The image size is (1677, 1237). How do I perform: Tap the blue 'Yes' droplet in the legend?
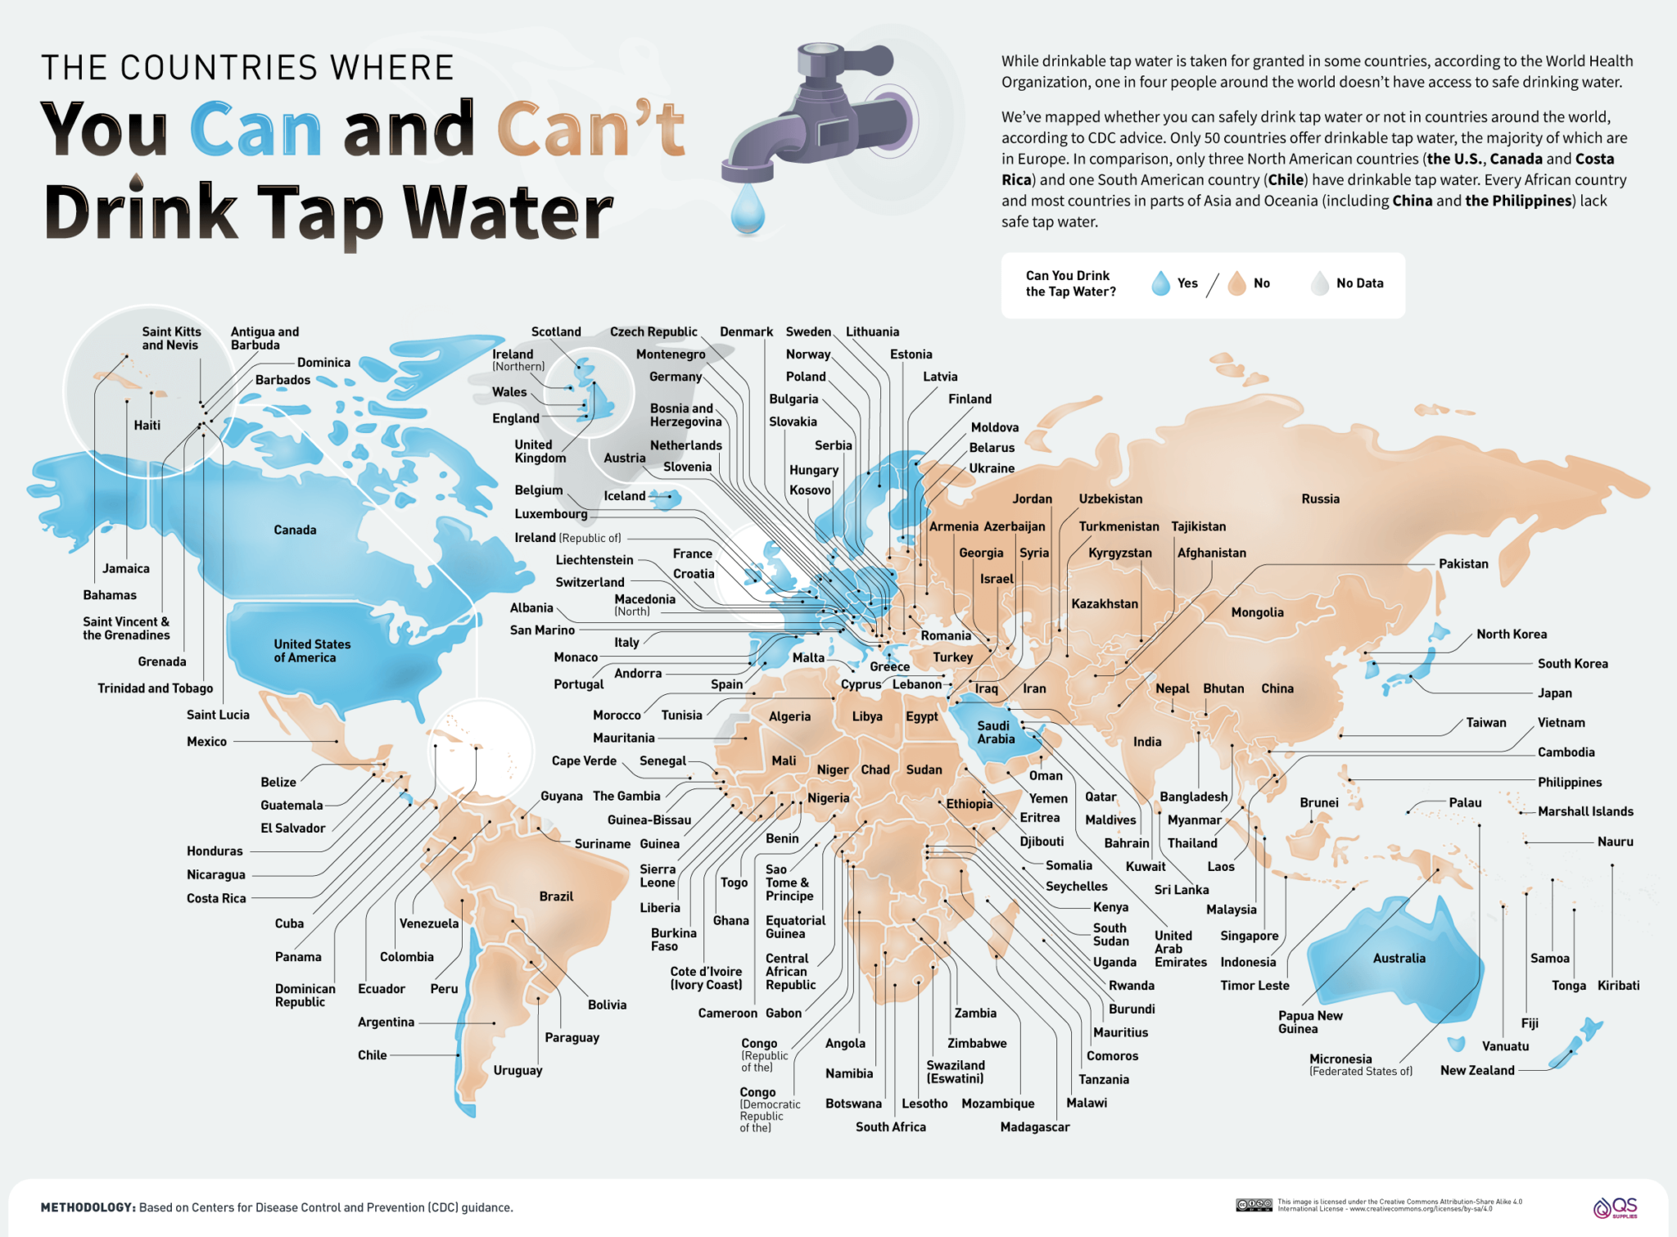[x=1160, y=283]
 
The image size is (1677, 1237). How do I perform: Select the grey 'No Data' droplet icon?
[x=1319, y=283]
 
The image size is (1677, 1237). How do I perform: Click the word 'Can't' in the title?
[x=590, y=129]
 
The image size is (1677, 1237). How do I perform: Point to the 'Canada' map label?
[x=295, y=530]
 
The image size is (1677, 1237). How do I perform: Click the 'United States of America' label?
[x=311, y=651]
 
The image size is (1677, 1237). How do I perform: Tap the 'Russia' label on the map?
[x=1320, y=499]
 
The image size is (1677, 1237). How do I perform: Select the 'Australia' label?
[x=1399, y=958]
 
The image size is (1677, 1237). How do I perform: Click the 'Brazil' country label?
[x=556, y=896]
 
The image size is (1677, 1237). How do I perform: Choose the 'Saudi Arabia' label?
[x=995, y=732]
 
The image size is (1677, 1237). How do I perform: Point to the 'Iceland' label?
[x=624, y=495]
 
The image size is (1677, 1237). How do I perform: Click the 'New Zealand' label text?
[x=1477, y=1070]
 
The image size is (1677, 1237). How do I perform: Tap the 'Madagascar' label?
[x=1034, y=1126]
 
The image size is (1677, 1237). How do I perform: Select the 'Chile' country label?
[x=372, y=1054]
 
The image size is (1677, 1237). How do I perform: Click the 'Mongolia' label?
[x=1257, y=612]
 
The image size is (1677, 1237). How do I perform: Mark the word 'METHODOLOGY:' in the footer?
[x=88, y=1207]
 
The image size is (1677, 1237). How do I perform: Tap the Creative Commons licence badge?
[x=1254, y=1204]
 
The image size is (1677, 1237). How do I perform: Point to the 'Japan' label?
[x=1554, y=693]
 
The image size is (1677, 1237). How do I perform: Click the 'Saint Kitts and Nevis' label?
[x=171, y=338]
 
